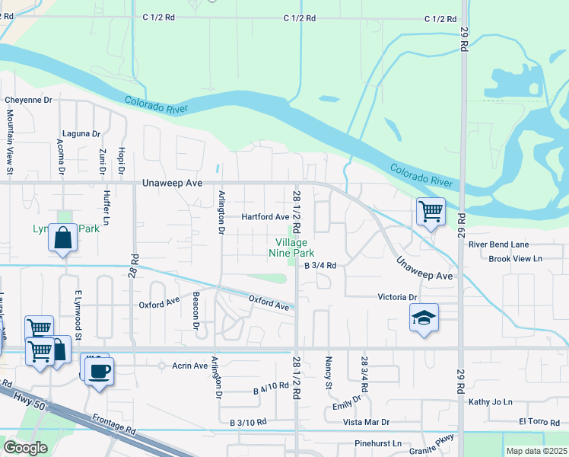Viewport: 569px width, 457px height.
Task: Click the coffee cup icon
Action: pos(97,372)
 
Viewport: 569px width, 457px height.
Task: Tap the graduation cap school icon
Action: pos(424,318)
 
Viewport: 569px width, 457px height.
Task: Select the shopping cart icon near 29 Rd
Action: pos(431,211)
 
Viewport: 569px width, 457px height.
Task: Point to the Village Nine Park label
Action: pos(291,248)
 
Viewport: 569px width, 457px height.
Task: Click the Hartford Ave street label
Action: pos(265,217)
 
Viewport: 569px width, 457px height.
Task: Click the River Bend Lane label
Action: pos(498,244)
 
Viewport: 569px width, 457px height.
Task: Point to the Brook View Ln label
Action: pos(515,259)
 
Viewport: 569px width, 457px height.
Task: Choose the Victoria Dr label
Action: pos(398,297)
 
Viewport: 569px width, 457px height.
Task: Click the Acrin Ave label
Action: pos(189,366)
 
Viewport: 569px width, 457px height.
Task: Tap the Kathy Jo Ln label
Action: pos(491,401)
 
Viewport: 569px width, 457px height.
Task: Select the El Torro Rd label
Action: pos(539,421)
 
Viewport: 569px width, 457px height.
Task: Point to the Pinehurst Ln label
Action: pos(377,443)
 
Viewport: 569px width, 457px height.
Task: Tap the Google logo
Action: pos(25,447)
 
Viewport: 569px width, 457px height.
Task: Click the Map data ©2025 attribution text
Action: pos(536,451)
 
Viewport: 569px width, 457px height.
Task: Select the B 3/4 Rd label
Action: pos(320,266)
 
